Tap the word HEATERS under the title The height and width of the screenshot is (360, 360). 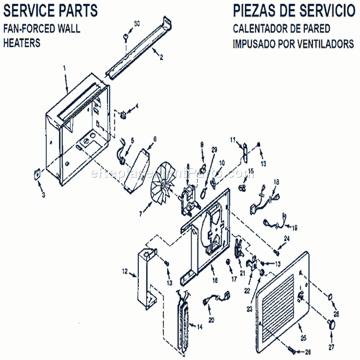22,44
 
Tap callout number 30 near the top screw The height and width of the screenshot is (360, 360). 137,23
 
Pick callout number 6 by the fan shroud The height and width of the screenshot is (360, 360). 155,139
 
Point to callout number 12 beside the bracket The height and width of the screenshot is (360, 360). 124,271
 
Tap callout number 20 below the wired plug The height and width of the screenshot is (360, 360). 211,320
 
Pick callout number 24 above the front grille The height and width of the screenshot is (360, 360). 286,239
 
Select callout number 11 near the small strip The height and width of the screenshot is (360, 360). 232,140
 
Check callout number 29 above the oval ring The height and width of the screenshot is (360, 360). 214,150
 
